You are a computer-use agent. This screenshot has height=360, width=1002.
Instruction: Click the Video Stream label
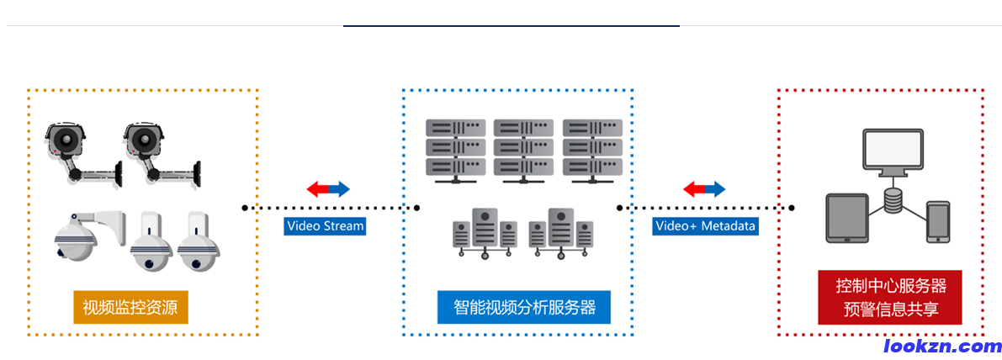coord(325,225)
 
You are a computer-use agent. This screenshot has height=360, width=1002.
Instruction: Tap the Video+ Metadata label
coord(705,225)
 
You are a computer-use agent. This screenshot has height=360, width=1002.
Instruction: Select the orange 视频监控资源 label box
coord(130,307)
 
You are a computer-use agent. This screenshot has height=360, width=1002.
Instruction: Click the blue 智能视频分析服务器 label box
coord(523,307)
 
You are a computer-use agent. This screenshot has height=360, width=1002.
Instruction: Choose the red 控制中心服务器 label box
coord(890,297)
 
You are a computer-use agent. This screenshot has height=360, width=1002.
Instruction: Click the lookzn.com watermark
coord(942,346)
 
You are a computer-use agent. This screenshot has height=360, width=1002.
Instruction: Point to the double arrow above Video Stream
coord(328,189)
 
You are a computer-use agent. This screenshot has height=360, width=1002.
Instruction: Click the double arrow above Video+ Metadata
coord(704,189)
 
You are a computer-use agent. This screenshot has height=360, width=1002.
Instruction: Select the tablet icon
coord(846,218)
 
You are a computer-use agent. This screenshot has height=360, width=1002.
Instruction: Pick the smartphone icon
coord(937,221)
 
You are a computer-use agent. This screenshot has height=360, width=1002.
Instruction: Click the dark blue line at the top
coord(511,26)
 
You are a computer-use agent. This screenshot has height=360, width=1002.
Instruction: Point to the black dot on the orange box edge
coord(245,207)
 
